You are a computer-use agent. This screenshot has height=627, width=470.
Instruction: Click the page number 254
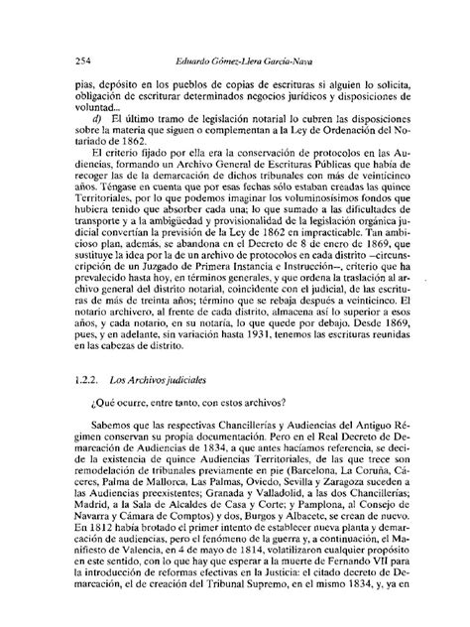(x=83, y=61)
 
